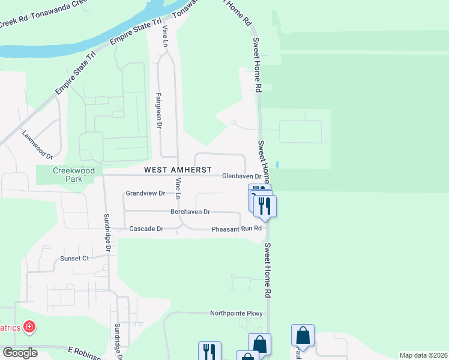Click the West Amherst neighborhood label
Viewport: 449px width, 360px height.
[178, 170]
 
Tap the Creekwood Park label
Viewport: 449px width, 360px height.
[74, 175]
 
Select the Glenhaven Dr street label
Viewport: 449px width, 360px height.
[242, 176]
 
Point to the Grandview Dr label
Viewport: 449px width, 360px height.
[145, 193]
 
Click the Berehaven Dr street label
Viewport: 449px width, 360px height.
[190, 212]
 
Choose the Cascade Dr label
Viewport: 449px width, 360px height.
[146, 229]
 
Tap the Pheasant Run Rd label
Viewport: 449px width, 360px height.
[237, 229]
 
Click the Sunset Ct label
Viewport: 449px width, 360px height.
[74, 259]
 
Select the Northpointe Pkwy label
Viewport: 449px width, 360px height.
[237, 313]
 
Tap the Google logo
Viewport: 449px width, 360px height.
[19, 353]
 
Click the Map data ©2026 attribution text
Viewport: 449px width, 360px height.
[423, 355]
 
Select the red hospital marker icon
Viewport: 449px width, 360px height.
[29, 328]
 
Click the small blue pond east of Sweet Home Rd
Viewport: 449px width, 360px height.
[276, 164]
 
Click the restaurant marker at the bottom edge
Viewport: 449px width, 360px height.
[209, 351]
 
